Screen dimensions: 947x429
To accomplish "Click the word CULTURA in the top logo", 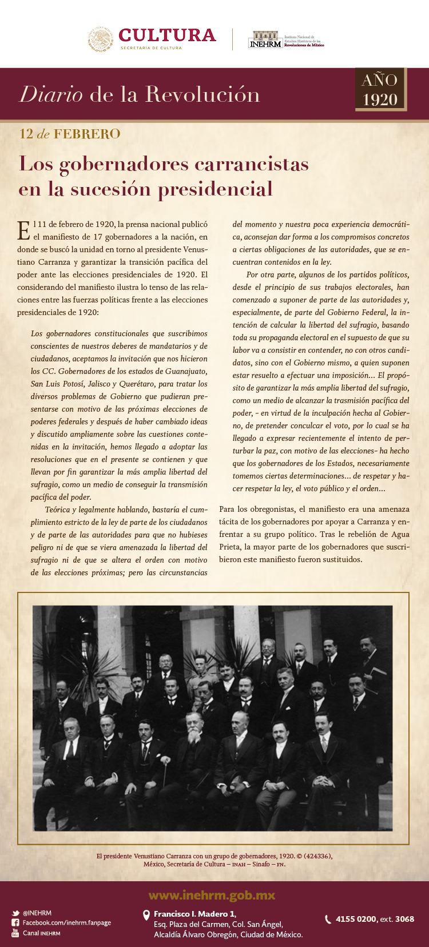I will coord(167,35).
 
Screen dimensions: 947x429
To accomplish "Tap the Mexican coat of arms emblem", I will coord(101,39).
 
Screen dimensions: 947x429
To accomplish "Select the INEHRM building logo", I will coord(265,39).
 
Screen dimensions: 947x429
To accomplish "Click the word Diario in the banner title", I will coord(51,94).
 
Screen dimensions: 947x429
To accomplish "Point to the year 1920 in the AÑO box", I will coord(380,100).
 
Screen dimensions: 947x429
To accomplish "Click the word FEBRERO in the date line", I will coord(87,134).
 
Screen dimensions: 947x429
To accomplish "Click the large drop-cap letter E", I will coord(24,230).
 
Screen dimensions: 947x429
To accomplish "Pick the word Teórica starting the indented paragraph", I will coord(57,510).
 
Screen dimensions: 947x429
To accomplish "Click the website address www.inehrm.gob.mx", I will coord(212,896).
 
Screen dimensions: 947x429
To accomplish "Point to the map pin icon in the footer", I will coord(146,915).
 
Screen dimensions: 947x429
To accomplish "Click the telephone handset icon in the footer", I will coord(328,919).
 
